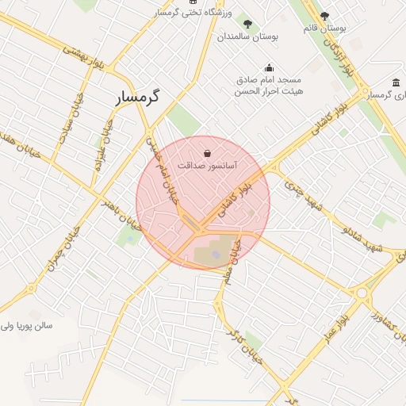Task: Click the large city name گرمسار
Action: pos(132,98)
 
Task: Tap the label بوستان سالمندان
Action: pos(247,36)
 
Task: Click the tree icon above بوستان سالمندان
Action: pos(247,24)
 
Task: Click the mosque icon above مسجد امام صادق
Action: pos(269,67)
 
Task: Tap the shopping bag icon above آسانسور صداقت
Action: pos(207,153)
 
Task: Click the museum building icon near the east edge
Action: pos(396,83)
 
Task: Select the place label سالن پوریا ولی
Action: pos(26,326)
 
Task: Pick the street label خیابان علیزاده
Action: pos(101,142)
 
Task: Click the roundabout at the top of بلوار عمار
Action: pos(362,293)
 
